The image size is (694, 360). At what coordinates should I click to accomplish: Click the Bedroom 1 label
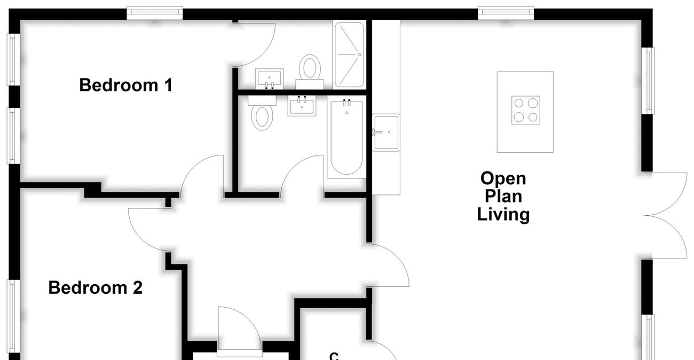tap(126, 85)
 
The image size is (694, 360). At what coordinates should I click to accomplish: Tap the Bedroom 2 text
tap(95, 288)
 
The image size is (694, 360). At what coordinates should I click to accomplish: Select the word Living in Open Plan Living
tap(503, 215)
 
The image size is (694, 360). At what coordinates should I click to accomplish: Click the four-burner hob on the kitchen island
tap(525, 110)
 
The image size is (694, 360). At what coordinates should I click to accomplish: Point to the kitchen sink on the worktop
tap(386, 132)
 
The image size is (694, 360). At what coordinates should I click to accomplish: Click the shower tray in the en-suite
tap(349, 54)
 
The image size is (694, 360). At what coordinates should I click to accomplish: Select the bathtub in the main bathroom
tap(345, 139)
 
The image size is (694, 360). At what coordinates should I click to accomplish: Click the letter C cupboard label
tap(334, 355)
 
